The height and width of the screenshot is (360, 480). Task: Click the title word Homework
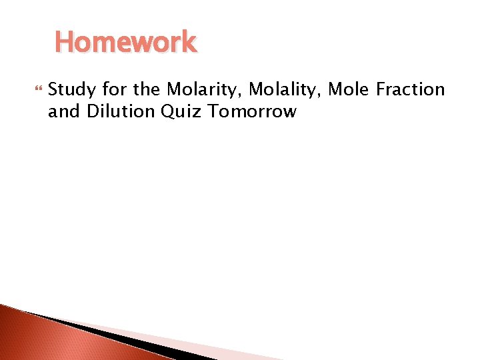[125, 42]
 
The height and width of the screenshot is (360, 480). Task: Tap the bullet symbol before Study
[37, 89]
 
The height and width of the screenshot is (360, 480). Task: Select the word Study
[73, 89]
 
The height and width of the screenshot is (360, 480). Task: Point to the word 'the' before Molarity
[148, 89]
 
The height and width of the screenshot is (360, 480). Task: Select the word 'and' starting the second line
[64, 111]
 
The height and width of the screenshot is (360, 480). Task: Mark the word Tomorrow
[252, 111]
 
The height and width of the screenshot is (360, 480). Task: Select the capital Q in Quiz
[168, 111]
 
